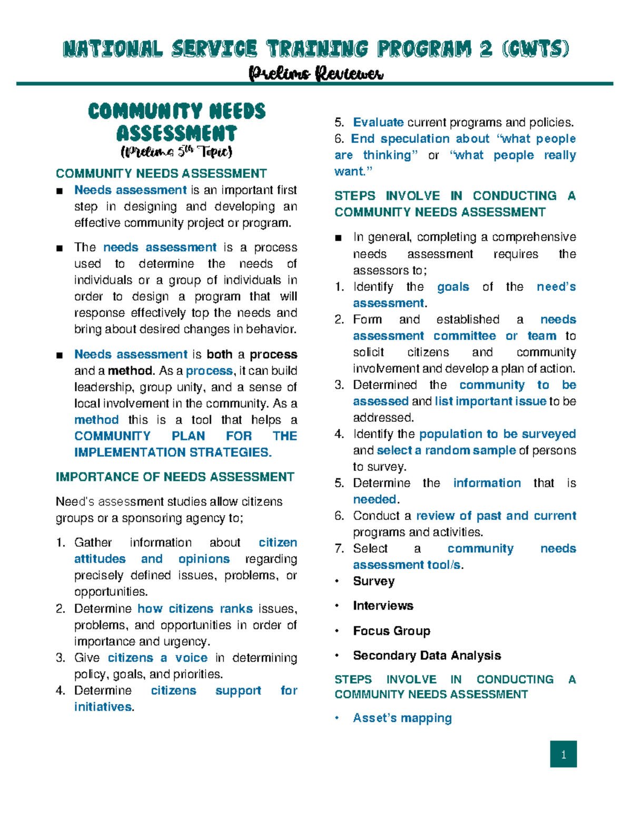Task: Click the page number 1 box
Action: click(563, 754)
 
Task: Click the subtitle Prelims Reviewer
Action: click(316, 73)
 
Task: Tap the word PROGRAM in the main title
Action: click(423, 49)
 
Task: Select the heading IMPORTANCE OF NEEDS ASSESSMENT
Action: click(175, 477)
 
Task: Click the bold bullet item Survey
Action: click(373, 582)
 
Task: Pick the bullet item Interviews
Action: click(383, 606)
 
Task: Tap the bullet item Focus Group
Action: click(391, 631)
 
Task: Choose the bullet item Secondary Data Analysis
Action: click(427, 656)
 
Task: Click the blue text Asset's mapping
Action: click(402, 718)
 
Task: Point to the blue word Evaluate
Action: click(378, 123)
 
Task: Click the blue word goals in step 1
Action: click(453, 287)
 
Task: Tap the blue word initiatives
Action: click(103, 707)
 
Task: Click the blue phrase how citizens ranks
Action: click(195, 609)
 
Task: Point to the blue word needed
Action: click(374, 499)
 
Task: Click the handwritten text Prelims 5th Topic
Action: click(176, 152)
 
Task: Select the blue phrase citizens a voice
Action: click(157, 658)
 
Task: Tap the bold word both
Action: click(219, 354)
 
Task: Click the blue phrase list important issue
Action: click(490, 401)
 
